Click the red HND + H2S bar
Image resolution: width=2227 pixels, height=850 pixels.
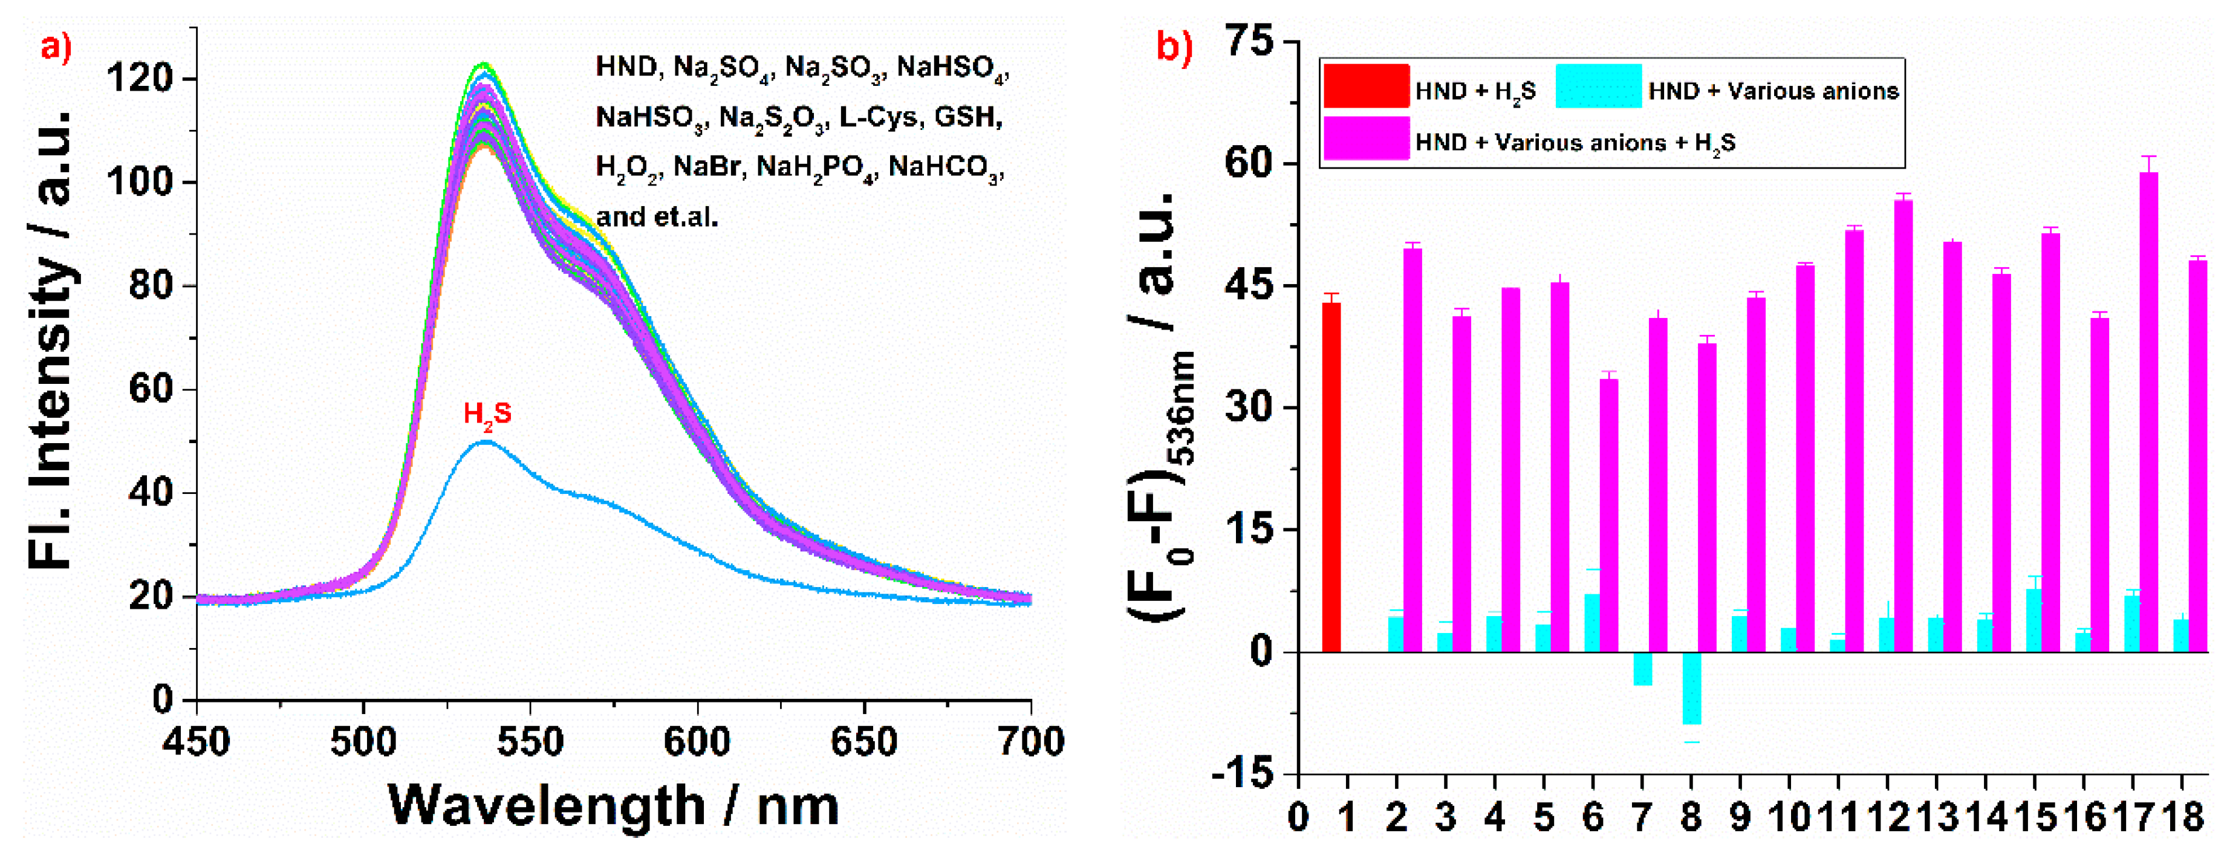coord(1331,476)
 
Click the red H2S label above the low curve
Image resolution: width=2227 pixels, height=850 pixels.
coord(487,414)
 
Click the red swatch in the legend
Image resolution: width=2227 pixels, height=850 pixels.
coord(1366,86)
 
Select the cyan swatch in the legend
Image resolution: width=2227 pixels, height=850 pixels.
coord(1599,86)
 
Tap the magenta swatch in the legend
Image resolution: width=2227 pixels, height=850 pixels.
coord(1366,138)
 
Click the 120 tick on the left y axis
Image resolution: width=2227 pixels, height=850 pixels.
coord(138,79)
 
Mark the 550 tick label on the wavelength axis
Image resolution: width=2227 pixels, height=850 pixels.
coord(530,742)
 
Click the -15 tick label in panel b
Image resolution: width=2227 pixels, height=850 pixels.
coord(1243,772)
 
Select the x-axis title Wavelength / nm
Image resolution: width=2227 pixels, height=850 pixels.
coord(614,806)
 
